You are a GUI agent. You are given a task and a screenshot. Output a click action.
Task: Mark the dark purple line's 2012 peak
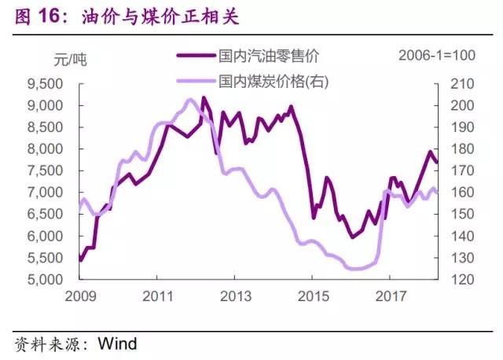[204, 97]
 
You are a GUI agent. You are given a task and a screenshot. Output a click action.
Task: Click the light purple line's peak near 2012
[189, 100]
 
